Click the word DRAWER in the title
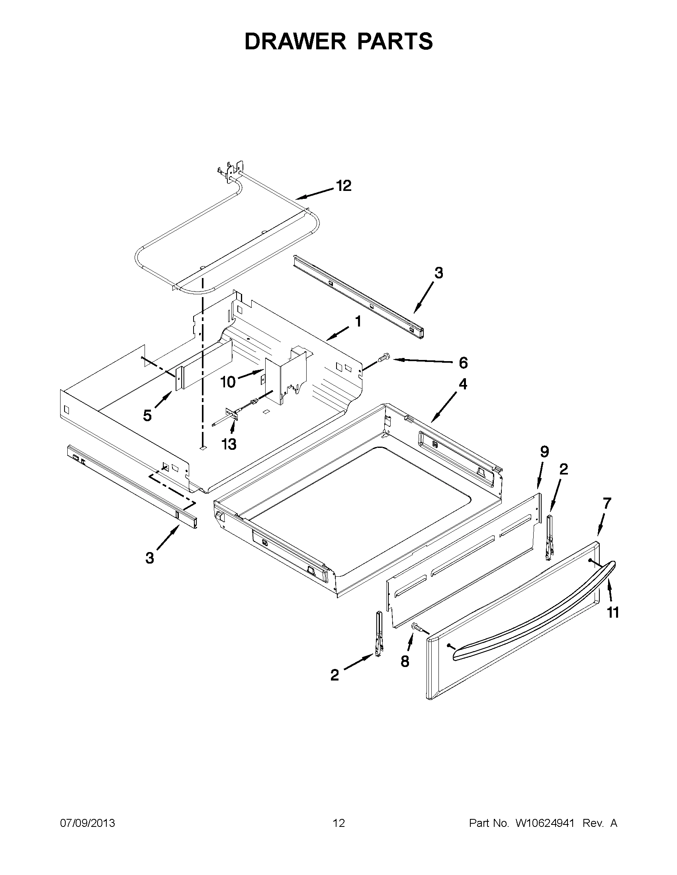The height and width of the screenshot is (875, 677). (295, 41)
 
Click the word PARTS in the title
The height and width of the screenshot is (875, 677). (394, 41)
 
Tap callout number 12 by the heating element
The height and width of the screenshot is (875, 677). (344, 185)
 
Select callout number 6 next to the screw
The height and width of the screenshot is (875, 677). (463, 363)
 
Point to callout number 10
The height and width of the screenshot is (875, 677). (228, 382)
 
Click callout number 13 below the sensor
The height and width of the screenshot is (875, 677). (229, 444)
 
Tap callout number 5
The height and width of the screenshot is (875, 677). (148, 416)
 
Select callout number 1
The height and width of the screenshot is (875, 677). (358, 321)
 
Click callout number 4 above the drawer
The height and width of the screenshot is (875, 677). (463, 384)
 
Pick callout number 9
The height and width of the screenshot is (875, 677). (544, 452)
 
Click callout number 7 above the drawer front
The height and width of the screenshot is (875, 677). (607, 503)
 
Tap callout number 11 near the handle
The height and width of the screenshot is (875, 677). (612, 612)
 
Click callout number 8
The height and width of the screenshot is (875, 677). (405, 661)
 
